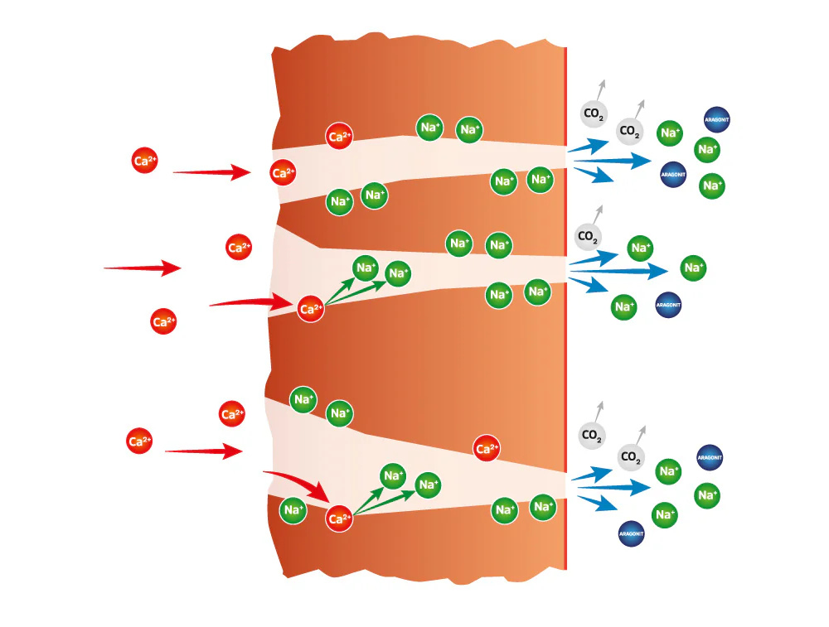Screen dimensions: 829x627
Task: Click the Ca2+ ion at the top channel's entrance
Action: pyautogui.click(x=283, y=173)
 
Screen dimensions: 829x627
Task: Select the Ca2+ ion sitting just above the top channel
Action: pyautogui.click(x=339, y=137)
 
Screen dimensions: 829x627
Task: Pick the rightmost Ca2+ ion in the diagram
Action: pyautogui.click(x=487, y=448)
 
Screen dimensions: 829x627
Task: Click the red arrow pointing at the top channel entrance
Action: pyautogui.click(x=212, y=171)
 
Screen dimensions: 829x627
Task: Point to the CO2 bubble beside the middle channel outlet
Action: pyautogui.click(x=588, y=236)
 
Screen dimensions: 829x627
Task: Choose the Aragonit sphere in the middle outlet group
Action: pyautogui.click(x=668, y=305)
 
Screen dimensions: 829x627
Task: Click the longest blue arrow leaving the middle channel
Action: pyautogui.click(x=619, y=271)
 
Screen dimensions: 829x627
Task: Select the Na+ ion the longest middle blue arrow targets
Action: pyautogui.click(x=693, y=268)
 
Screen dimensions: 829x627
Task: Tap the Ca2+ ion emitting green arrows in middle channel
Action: pyautogui.click(x=310, y=309)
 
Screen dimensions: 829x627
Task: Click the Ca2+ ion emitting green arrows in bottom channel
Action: pyautogui.click(x=339, y=518)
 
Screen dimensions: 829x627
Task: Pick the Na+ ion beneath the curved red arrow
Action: pyautogui.click(x=293, y=510)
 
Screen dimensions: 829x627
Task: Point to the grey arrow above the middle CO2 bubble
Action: pyautogui.click(x=598, y=215)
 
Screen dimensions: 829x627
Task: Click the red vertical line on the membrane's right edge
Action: pyautogui.click(x=566, y=308)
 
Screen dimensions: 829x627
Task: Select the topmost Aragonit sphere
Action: pyautogui.click(x=717, y=120)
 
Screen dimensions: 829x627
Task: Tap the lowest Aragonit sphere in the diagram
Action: pyautogui.click(x=631, y=533)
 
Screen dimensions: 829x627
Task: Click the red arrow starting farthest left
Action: pyautogui.click(x=143, y=268)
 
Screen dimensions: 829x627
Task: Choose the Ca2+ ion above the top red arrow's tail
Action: pyautogui.click(x=144, y=160)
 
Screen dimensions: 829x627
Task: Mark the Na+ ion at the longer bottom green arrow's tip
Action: pyautogui.click(x=428, y=485)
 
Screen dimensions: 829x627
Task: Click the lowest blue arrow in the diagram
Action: pyautogui.click(x=598, y=503)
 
